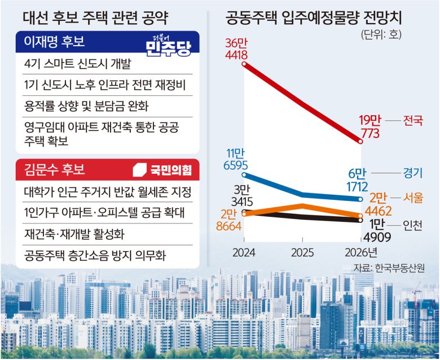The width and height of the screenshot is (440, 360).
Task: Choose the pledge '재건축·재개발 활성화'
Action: [74, 233]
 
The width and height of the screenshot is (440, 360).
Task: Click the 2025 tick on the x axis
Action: [303, 252]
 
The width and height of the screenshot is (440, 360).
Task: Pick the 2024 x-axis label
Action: [244, 252]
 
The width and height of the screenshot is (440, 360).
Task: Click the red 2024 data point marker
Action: [244, 64]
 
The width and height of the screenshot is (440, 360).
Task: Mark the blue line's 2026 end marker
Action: [361, 199]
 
